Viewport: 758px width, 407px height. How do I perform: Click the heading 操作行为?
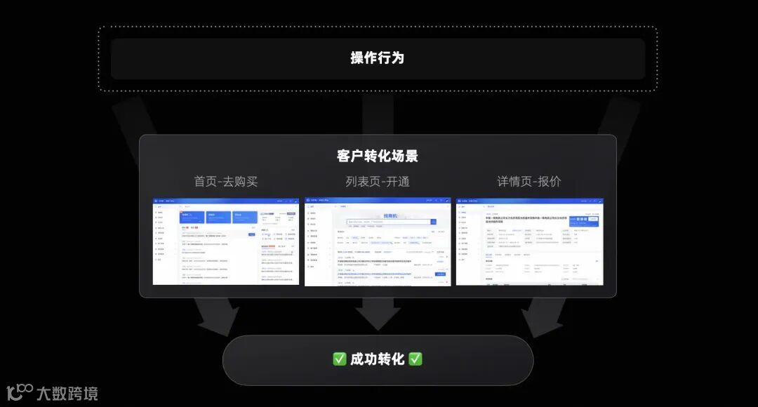378,58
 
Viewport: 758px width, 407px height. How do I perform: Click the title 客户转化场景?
378,156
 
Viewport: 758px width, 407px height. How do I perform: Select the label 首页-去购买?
226,182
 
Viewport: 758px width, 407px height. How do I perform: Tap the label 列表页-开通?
378,182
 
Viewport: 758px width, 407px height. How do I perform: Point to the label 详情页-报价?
529,182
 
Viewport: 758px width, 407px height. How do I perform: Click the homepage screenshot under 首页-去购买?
226,241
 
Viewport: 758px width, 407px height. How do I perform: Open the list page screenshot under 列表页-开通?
378,241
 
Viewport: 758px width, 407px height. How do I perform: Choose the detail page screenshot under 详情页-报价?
529,241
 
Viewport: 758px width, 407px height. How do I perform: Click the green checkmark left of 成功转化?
340,359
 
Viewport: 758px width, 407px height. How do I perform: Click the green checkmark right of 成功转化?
415,359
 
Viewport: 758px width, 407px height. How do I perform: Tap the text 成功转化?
378,359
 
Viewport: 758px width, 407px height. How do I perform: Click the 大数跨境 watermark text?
67,393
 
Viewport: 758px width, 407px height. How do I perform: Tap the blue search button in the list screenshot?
433,222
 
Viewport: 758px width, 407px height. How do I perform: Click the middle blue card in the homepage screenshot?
218,217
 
